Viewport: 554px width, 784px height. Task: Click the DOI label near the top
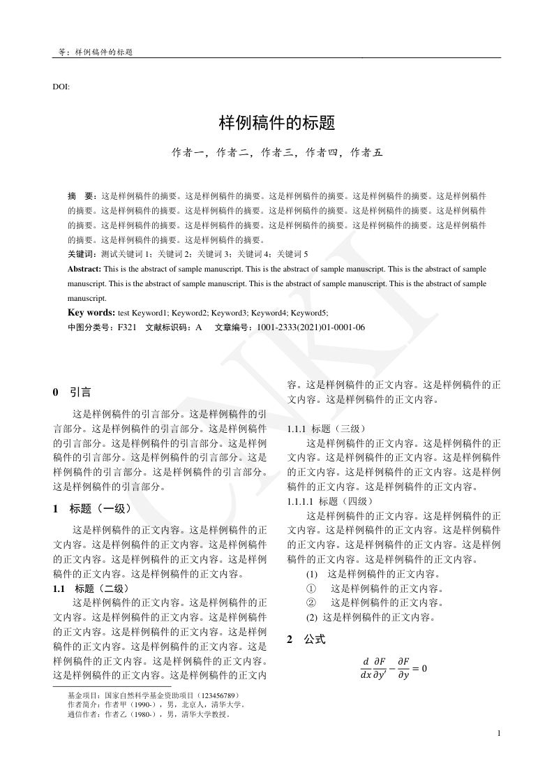click(61, 87)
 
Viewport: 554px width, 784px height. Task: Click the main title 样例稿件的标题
click(277, 124)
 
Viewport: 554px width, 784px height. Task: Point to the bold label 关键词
click(82, 254)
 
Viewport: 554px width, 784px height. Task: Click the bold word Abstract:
click(84, 269)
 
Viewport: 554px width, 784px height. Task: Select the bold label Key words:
click(91, 313)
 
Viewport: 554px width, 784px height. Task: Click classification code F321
click(127, 327)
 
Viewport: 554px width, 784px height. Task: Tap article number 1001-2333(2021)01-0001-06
click(310, 327)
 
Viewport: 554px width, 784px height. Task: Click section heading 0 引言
click(72, 392)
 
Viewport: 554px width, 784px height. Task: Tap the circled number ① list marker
click(311, 589)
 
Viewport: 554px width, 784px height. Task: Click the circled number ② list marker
click(311, 602)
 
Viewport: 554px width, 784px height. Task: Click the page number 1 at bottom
click(499, 732)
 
